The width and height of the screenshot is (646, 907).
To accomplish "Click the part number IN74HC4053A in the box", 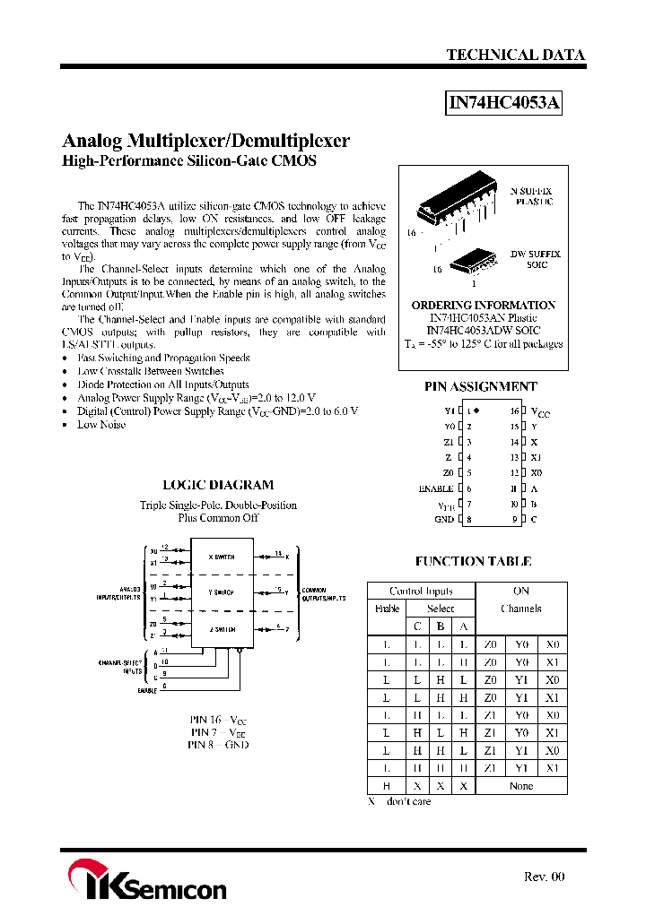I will point(504,104).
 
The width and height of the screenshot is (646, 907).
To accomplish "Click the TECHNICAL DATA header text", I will point(515,55).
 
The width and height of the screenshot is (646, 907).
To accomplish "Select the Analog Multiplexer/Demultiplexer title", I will point(205,141).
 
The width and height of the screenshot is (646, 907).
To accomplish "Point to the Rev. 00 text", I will point(544,877).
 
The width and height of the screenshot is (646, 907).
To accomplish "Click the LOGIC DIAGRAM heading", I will point(217,485).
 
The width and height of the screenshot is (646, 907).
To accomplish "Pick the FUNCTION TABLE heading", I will point(473,562).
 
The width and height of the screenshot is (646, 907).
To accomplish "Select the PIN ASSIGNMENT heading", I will point(480,386).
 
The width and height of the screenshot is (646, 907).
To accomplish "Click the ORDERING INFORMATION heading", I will point(483,305).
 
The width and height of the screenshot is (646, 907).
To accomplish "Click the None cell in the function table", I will point(520,786).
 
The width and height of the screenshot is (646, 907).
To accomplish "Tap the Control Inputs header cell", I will point(421,592).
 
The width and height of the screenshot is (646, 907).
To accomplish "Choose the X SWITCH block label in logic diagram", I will point(221,557).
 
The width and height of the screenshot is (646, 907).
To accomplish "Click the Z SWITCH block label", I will point(221,629).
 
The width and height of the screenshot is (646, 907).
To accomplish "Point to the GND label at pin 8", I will point(444,520).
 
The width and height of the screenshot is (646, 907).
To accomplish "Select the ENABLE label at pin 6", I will point(436,488).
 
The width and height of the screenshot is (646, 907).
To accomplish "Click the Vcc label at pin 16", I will point(540,412).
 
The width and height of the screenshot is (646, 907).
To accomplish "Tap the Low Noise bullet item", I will point(101,424).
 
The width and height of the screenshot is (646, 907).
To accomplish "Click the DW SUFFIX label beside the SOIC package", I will point(536,255).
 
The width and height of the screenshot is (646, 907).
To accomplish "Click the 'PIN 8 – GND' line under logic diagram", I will point(218,745).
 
